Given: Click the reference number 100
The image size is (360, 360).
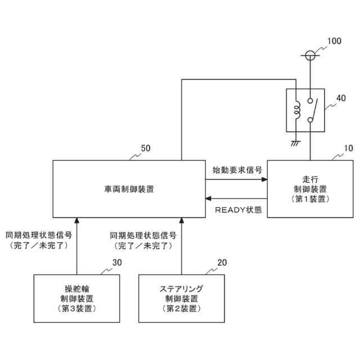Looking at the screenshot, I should [x=334, y=41].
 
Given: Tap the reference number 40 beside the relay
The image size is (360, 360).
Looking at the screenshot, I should [x=341, y=98].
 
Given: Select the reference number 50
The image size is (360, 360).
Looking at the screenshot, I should [x=145, y=148].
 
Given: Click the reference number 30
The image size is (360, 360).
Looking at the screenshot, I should [x=117, y=262].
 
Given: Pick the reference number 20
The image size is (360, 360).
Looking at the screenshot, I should [x=222, y=262].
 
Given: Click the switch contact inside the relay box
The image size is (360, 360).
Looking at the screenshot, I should [x=313, y=110].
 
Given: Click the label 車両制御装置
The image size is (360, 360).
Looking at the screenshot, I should [x=129, y=189].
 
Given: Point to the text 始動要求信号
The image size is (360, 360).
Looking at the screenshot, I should [x=237, y=169].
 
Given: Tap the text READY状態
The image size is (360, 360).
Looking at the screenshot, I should [x=238, y=210].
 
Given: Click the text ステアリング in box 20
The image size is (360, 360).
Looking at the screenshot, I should [x=181, y=289].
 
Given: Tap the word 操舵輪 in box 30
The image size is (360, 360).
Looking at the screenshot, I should [x=76, y=289].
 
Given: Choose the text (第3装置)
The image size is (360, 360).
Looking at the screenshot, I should [x=76, y=308].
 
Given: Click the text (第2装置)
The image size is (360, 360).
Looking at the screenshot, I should [x=181, y=308].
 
